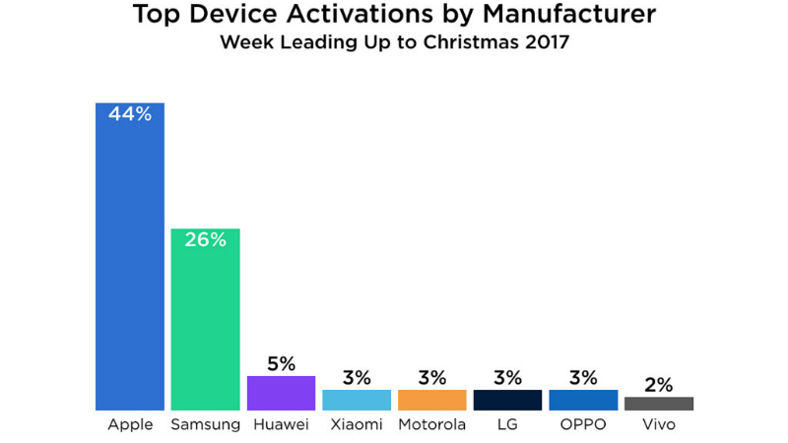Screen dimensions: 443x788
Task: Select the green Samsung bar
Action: click(205, 325)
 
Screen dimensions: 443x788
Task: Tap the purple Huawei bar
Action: click(281, 393)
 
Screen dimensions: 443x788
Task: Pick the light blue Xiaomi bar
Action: click(357, 400)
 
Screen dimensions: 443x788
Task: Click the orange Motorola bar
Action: click(432, 400)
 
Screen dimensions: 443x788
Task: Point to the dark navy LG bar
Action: click(507, 400)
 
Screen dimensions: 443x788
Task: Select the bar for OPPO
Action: click(583, 400)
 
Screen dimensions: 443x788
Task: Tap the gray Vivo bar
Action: click(659, 404)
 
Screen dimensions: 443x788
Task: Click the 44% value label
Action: click(129, 115)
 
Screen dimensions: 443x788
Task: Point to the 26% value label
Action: click(205, 240)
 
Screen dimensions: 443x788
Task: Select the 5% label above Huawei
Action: click(281, 363)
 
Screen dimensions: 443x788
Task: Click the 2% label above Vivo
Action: click(659, 384)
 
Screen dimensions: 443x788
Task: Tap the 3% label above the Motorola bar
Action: click(432, 377)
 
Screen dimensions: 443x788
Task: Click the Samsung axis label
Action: click(205, 425)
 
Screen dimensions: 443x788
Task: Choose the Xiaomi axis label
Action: click(357, 425)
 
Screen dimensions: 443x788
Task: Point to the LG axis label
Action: click(507, 425)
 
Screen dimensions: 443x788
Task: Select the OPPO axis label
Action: click(583, 425)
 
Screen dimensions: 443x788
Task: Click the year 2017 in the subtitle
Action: click(546, 43)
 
